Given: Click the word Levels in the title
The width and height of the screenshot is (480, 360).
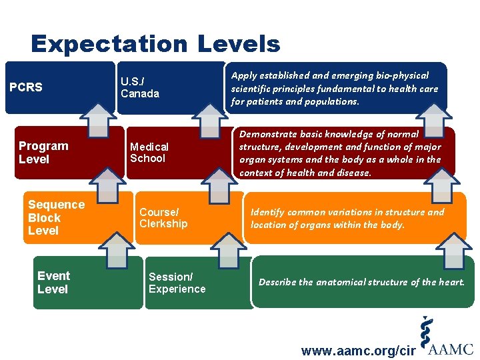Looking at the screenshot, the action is (239, 45).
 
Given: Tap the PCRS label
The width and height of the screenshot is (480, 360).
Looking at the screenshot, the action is (26, 87).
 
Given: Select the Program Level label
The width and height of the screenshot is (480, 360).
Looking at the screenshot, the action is (43, 153).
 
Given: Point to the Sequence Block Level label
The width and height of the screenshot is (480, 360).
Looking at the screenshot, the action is (56, 217).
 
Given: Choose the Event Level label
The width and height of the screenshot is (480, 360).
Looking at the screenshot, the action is (53, 283).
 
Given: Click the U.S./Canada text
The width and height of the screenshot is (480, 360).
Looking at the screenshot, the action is (139, 87).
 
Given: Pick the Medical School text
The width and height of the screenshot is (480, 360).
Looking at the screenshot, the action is (149, 153).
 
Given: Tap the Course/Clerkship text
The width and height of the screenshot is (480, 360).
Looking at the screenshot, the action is (163, 218).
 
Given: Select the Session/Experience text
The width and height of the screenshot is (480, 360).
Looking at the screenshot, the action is (177, 283).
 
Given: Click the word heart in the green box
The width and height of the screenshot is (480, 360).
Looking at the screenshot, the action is (448, 282).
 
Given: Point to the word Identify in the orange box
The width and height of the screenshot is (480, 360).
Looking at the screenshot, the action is (267, 212).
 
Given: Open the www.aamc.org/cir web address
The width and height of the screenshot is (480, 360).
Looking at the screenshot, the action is (359, 351).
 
